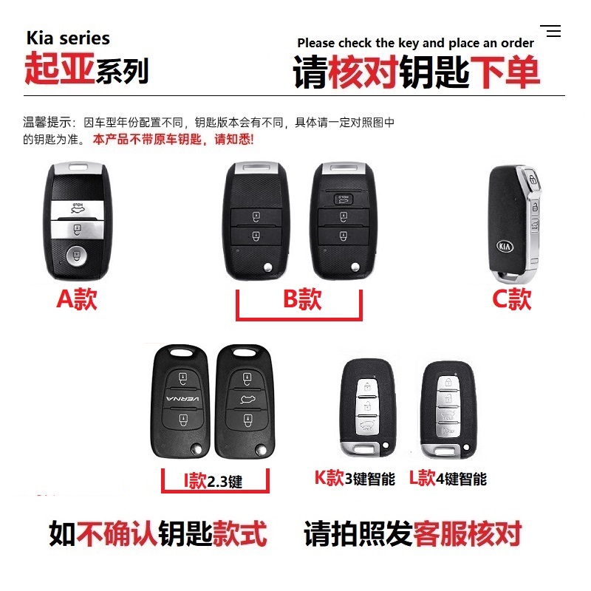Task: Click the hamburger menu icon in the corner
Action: (551, 31)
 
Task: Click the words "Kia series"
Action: (68, 38)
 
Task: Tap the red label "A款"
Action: (76, 299)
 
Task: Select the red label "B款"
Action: (301, 299)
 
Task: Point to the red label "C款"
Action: (512, 299)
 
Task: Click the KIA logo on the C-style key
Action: (507, 247)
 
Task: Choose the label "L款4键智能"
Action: (448, 479)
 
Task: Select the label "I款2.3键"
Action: (213, 482)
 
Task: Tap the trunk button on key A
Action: (75, 209)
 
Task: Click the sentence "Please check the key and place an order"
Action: (415, 43)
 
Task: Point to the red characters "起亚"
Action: (55, 69)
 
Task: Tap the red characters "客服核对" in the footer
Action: (467, 533)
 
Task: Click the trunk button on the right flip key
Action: (245, 400)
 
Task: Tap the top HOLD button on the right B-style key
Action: (343, 197)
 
